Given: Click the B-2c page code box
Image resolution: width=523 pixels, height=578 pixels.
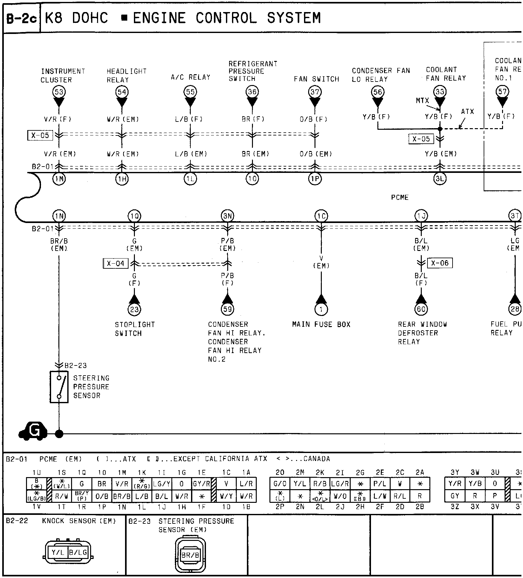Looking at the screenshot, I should click(x=22, y=18).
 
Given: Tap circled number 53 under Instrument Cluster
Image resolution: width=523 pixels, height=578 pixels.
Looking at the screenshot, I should click(x=59, y=92).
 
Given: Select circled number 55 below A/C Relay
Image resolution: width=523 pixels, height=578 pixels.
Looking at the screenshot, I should click(x=190, y=92).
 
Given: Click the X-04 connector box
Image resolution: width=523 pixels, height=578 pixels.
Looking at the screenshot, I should click(x=116, y=263).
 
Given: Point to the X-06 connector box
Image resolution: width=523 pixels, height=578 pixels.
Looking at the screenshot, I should click(x=440, y=263).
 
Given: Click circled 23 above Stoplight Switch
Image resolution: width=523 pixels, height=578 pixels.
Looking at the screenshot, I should click(x=134, y=309).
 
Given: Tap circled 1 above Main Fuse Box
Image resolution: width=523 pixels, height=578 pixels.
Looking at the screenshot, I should click(x=321, y=309).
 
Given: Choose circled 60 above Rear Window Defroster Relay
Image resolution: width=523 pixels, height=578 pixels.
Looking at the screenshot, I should click(x=421, y=309).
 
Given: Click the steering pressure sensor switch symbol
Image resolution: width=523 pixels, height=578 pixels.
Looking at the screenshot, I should click(x=59, y=387).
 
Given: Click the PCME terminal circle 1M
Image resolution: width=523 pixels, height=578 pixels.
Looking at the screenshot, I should click(x=59, y=179).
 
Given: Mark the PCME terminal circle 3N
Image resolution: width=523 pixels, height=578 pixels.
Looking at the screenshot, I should click(x=228, y=216).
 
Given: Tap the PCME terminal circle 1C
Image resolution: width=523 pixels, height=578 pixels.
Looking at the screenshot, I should click(x=321, y=216).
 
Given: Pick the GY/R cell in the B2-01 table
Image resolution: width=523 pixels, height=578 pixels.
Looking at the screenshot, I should click(x=202, y=484).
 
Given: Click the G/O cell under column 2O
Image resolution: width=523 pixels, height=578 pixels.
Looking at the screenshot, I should click(x=280, y=484).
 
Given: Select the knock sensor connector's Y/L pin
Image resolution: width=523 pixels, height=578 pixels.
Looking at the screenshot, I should click(x=58, y=552).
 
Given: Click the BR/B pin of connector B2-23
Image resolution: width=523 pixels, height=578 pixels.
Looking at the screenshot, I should click(x=190, y=555).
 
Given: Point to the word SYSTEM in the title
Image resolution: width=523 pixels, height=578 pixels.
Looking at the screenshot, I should click(x=294, y=18).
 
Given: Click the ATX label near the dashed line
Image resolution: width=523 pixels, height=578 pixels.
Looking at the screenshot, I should click(x=467, y=112).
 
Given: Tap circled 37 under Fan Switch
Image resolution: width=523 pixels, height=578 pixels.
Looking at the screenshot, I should click(x=315, y=92).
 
